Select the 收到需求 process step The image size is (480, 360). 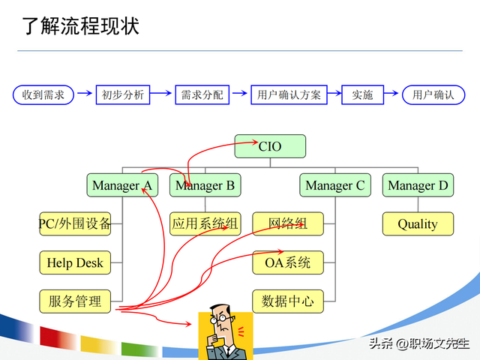point(43,94)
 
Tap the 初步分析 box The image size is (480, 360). point(123,94)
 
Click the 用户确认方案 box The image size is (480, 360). point(289,94)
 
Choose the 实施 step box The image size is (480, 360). point(362,94)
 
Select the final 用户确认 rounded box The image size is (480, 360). point(433,94)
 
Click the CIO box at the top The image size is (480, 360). point(270,146)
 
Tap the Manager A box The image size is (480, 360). point(121,185)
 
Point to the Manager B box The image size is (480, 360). point(205,185)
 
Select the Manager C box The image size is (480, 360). point(335,185)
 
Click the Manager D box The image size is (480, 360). point(418,185)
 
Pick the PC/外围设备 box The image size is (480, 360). point(75,223)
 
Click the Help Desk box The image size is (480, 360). point(75,262)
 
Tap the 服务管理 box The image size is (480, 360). point(75,301)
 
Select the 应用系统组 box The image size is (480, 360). point(205,223)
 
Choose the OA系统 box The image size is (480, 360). point(288,262)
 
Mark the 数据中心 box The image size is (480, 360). point(288,301)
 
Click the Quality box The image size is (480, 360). point(418,223)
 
